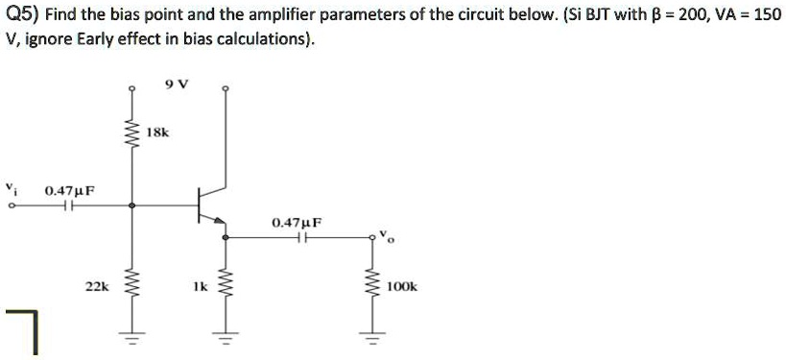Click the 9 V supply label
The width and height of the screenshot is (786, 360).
[x=178, y=84]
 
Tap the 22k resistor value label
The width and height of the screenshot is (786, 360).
[x=96, y=286]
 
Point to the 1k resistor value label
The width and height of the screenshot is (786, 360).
[x=199, y=286]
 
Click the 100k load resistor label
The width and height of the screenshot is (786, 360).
[x=401, y=286]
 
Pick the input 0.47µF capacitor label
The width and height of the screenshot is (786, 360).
[x=69, y=191]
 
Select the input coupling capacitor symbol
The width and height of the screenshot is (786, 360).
[x=68, y=204]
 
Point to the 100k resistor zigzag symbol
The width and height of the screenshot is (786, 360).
[x=369, y=286]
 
